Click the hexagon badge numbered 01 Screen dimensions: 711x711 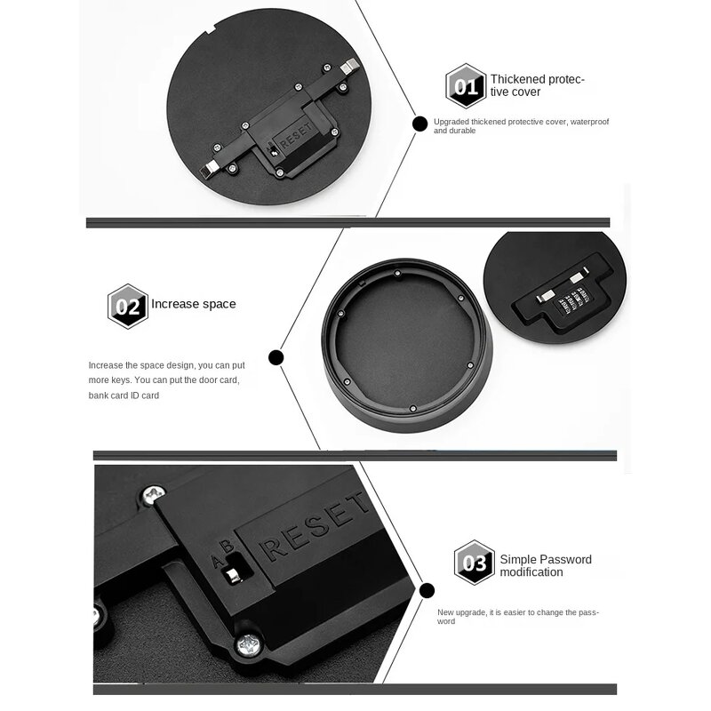coord(466,86)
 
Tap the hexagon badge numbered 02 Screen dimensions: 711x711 coord(127,306)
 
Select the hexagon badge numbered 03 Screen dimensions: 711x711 coord(474,563)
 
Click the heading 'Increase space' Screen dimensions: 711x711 coord(194,304)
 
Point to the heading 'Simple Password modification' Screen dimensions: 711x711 coord(545,566)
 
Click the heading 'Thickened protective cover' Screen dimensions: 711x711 coord(537,85)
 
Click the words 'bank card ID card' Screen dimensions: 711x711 coord(124,395)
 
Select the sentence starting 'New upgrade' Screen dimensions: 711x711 coord(518,616)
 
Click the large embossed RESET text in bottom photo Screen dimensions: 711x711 coord(316,532)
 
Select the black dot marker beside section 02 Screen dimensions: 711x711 coord(276,357)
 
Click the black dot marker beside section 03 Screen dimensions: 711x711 coord(427,589)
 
